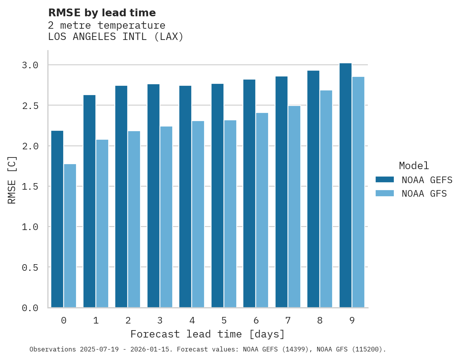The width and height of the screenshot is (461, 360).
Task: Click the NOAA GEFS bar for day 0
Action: [x=57, y=219]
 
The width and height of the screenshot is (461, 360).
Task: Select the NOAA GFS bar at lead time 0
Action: [x=70, y=236]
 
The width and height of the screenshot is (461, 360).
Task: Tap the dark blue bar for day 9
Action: [x=345, y=185]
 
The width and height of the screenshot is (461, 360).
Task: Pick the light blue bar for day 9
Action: [x=358, y=192]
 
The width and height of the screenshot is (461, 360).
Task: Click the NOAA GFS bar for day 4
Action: [x=198, y=214]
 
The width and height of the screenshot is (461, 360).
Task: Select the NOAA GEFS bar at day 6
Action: [x=249, y=194]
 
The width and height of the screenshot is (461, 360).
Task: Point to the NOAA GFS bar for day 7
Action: [x=294, y=207]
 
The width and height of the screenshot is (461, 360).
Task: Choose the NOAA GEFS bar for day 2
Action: [x=121, y=197]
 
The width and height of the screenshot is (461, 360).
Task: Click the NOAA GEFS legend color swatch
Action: [x=385, y=180]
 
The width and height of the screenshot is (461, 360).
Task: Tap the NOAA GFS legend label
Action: [x=424, y=194]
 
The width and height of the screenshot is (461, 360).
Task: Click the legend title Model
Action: [x=414, y=166]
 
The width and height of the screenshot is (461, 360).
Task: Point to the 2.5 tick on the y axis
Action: [x=30, y=106]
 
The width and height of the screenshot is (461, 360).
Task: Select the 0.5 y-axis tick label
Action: [x=30, y=267]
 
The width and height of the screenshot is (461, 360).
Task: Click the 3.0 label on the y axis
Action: [x=30, y=65]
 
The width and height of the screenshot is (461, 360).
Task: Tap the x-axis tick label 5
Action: [x=224, y=320]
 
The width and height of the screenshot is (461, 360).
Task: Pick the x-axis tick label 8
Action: [x=320, y=320]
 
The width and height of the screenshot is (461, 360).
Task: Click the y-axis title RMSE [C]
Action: [x=12, y=180]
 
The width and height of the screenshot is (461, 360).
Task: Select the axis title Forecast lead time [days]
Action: [x=208, y=334]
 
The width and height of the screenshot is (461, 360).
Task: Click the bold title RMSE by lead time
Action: [x=102, y=13]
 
